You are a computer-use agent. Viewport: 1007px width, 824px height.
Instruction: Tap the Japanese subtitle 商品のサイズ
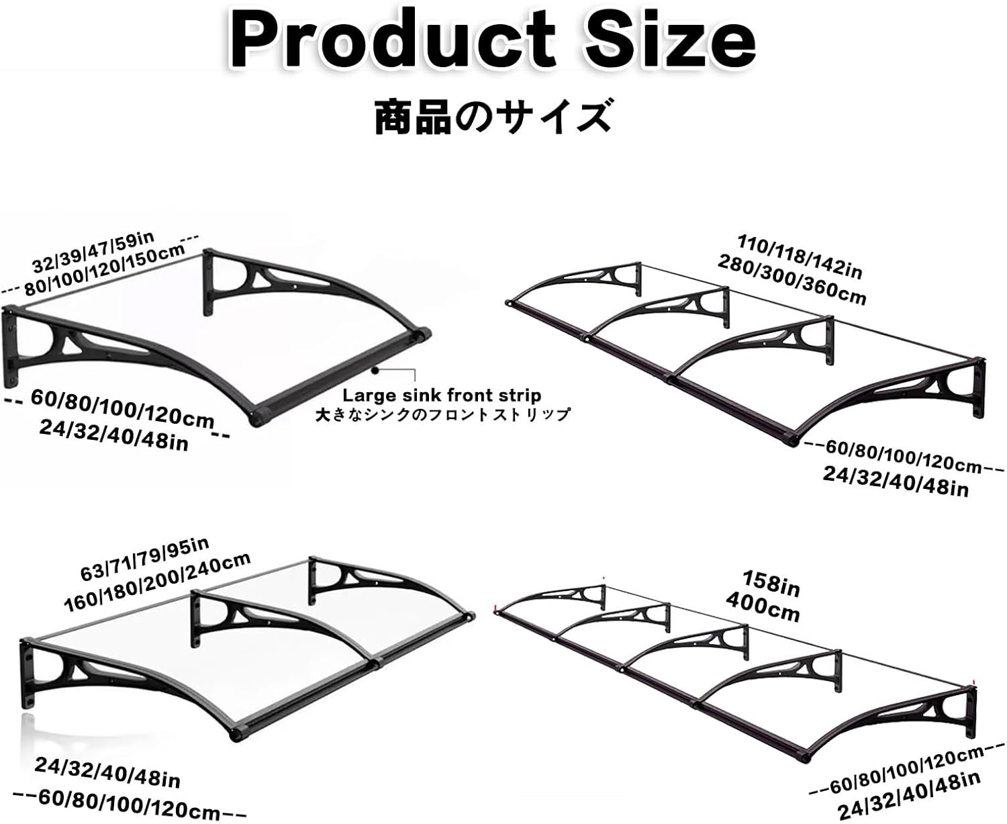coord(493,116)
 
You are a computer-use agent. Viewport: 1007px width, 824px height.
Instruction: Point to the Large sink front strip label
coord(442,396)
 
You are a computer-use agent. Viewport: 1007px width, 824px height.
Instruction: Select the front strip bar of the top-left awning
coord(339,376)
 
